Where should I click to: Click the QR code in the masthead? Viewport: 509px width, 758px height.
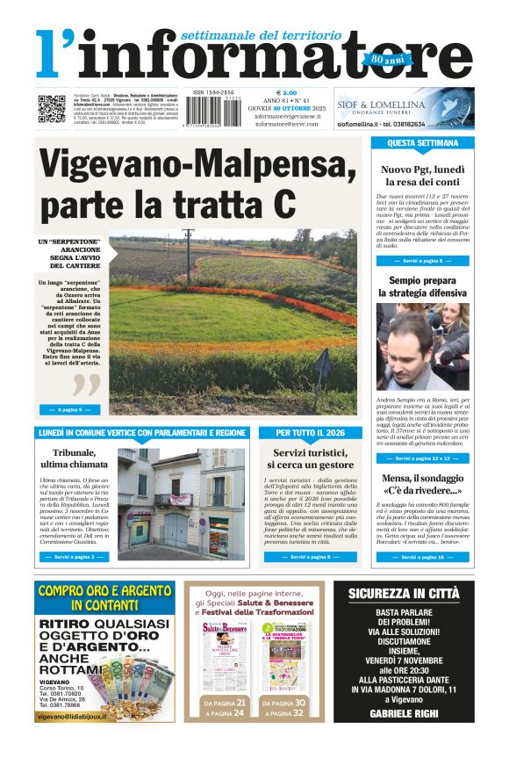51,108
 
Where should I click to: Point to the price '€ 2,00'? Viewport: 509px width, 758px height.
287,92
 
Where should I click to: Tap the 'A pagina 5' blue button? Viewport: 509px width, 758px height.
69,409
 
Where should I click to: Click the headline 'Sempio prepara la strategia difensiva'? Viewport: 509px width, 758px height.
422,286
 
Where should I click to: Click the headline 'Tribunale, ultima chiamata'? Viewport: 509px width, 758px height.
74,458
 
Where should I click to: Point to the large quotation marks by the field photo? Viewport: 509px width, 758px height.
86,383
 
